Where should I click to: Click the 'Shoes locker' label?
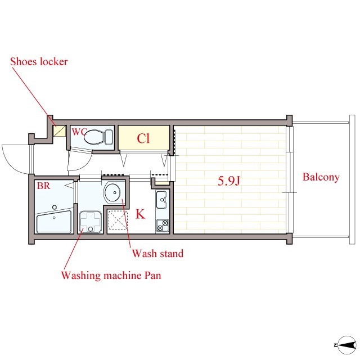click(39, 61)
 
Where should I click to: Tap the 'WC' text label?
click(78, 132)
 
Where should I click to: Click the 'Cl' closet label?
click(143, 138)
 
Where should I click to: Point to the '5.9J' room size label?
click(229, 181)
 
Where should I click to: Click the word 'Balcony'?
click(321, 177)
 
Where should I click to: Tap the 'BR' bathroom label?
click(43, 186)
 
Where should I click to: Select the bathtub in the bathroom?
click(54, 221)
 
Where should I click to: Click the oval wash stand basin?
click(112, 192)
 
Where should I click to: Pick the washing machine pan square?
click(91, 222)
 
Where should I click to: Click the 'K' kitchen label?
click(140, 214)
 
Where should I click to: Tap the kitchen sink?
click(162, 200)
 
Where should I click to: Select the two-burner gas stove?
click(163, 226)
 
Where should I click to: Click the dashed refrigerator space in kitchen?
click(118, 220)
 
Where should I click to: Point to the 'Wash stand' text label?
click(157, 254)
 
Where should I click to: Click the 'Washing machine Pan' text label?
click(111, 275)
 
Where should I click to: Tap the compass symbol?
click(346, 345)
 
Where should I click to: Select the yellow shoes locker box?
click(60, 131)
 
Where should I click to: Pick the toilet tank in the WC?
click(109, 137)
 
